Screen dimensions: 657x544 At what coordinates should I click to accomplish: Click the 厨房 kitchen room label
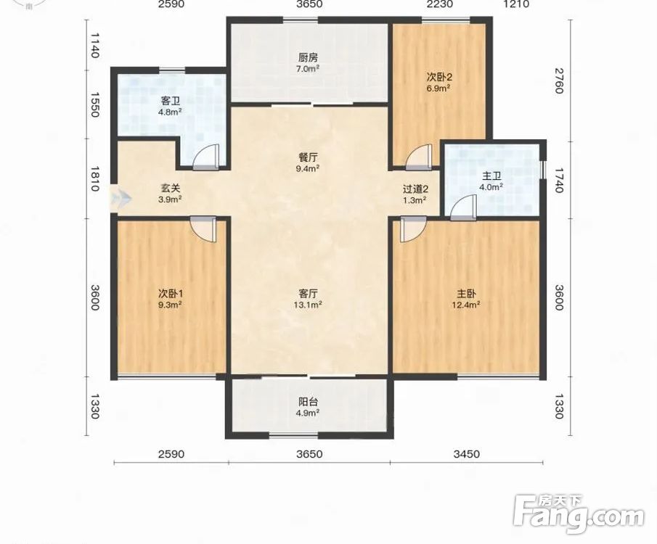308,57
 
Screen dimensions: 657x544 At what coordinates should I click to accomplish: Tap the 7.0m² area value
308,69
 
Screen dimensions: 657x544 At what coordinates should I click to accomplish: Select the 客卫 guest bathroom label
170,101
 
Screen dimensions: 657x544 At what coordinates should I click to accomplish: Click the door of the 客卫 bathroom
205,157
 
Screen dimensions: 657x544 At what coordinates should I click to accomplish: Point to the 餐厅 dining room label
308,157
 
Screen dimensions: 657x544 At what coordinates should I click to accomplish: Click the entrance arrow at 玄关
121,197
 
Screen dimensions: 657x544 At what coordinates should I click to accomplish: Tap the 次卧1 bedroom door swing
203,228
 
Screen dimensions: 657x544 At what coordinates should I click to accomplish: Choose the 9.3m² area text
170,305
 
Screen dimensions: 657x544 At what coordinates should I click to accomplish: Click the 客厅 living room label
308,294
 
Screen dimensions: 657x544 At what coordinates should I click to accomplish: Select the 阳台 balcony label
308,402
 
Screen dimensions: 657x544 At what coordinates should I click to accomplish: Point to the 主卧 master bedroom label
466,294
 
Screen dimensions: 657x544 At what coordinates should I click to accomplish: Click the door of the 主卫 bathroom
464,207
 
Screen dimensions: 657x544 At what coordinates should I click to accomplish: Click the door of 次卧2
419,157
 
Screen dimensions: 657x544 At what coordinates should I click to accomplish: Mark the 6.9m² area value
438,88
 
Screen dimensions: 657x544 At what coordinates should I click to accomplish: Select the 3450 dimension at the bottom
466,454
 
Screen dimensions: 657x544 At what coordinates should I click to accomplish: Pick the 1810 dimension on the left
94,178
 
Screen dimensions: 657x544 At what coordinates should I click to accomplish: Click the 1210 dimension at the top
517,4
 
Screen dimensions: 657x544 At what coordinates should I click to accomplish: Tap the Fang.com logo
579,515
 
